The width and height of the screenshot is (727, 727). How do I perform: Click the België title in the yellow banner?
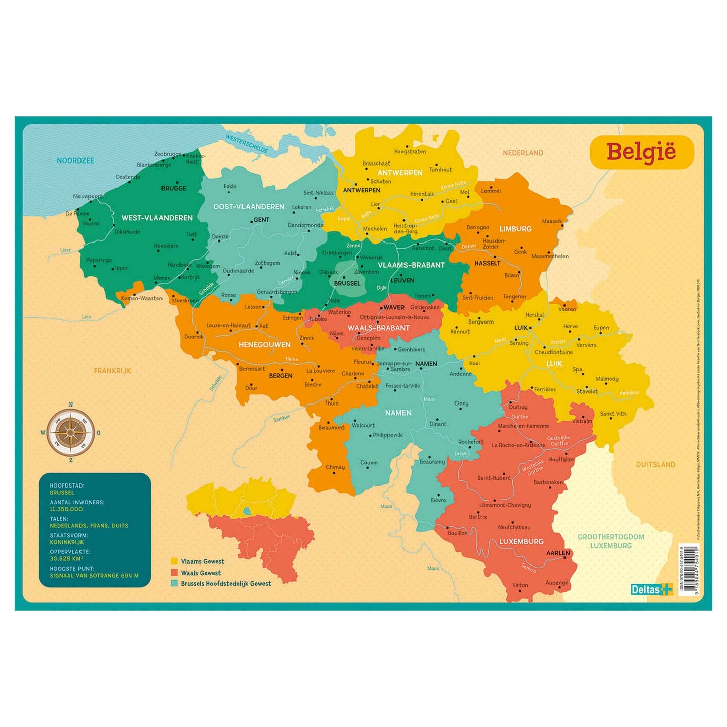[x=641, y=152]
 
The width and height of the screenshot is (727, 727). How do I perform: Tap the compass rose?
[x=70, y=432]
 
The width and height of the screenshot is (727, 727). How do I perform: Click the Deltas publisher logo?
[x=652, y=589]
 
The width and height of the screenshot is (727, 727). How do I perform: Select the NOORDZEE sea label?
[x=75, y=160]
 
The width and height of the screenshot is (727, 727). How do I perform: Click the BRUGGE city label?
[x=174, y=188]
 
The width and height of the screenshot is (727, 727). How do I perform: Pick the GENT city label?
[x=261, y=220]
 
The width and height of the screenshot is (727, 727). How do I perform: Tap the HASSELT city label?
[x=487, y=263]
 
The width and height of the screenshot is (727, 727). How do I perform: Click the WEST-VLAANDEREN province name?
[x=157, y=218]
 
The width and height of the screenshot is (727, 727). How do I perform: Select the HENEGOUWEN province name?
[x=265, y=345]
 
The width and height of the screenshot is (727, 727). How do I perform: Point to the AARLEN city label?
[x=558, y=553]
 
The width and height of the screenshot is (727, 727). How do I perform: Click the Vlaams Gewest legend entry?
[x=202, y=561]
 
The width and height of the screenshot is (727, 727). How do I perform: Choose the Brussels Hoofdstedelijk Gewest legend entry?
[x=225, y=584]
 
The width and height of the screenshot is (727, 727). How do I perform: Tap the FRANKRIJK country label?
[x=112, y=371]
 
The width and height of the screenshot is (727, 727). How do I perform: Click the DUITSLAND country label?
[x=655, y=464]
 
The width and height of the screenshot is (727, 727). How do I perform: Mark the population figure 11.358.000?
[x=66, y=509]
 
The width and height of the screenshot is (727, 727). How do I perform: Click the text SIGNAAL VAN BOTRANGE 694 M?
[x=94, y=575]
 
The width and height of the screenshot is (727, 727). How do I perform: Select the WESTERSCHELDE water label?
[x=247, y=144]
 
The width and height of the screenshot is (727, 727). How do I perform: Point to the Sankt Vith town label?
[x=613, y=414]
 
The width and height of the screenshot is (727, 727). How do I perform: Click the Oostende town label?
[x=128, y=177]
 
